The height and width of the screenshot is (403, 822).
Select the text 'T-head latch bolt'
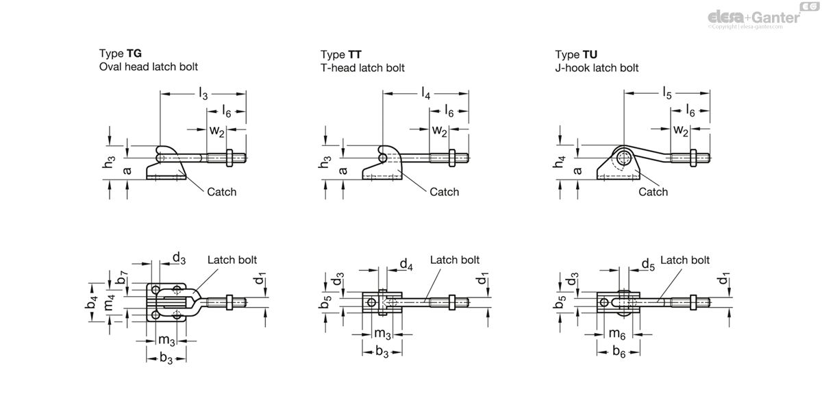click(362, 68)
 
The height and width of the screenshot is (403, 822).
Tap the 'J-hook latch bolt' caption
click(597, 68)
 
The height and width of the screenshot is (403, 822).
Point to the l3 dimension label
click(203, 95)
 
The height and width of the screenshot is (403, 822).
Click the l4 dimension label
click(426, 95)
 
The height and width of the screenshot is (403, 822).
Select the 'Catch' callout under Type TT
click(444, 192)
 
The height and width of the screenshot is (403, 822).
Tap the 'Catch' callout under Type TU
click(653, 192)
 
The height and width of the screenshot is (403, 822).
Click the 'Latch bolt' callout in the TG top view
click(232, 260)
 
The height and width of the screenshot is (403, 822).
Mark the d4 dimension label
click(406, 263)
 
